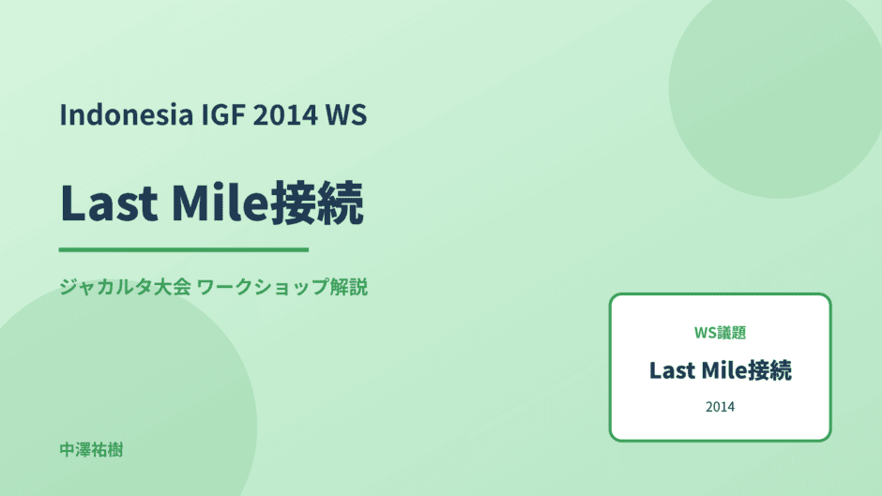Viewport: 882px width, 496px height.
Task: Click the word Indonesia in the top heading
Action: (x=127, y=114)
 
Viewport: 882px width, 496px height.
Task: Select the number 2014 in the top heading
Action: (x=286, y=114)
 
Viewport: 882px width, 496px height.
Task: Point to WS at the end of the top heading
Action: (x=346, y=114)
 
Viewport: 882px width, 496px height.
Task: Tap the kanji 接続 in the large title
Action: (x=317, y=203)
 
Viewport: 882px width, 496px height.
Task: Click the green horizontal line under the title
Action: (x=184, y=249)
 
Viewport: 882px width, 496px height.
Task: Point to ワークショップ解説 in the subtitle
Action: (x=282, y=287)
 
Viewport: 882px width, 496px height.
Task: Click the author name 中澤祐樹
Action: (x=91, y=450)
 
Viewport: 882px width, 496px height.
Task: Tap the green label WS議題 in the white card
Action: (x=720, y=333)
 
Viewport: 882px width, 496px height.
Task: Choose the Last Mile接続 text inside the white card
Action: (x=720, y=370)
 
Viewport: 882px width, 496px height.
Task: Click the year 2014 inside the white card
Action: (x=720, y=407)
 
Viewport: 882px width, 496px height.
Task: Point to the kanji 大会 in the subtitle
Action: (x=172, y=287)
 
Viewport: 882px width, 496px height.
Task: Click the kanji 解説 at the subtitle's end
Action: (x=349, y=287)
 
